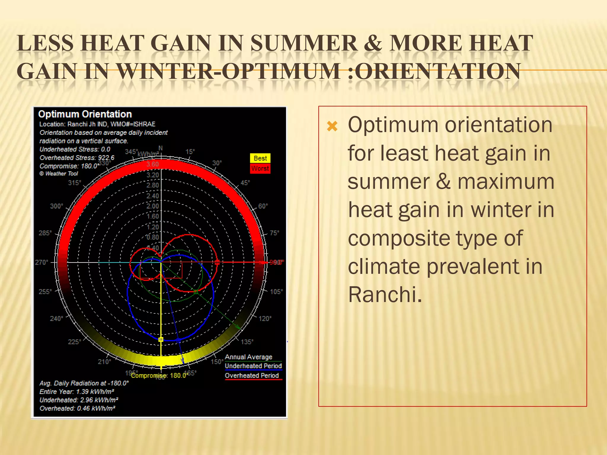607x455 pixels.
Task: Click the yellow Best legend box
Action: click(260, 158)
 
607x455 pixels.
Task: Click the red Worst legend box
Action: click(260, 169)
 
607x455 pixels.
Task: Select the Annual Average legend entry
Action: click(248, 357)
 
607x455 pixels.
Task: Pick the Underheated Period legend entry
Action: click(253, 366)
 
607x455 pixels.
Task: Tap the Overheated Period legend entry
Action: click(252, 376)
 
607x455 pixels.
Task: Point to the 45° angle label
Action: click(245, 183)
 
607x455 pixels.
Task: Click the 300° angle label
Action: click(56, 206)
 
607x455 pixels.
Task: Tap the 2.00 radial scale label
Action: click(153, 206)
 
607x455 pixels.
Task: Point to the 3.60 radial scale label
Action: click(153, 164)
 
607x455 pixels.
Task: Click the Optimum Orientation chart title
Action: click(85, 114)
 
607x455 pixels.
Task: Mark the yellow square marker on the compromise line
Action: click(161, 339)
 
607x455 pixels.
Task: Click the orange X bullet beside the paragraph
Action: click(332, 126)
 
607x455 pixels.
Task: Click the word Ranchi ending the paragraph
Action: click(384, 295)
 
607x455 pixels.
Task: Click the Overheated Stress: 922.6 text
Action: click(77, 158)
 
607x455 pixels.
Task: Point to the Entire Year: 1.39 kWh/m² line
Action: click(77, 392)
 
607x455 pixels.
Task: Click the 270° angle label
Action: click(41, 262)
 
